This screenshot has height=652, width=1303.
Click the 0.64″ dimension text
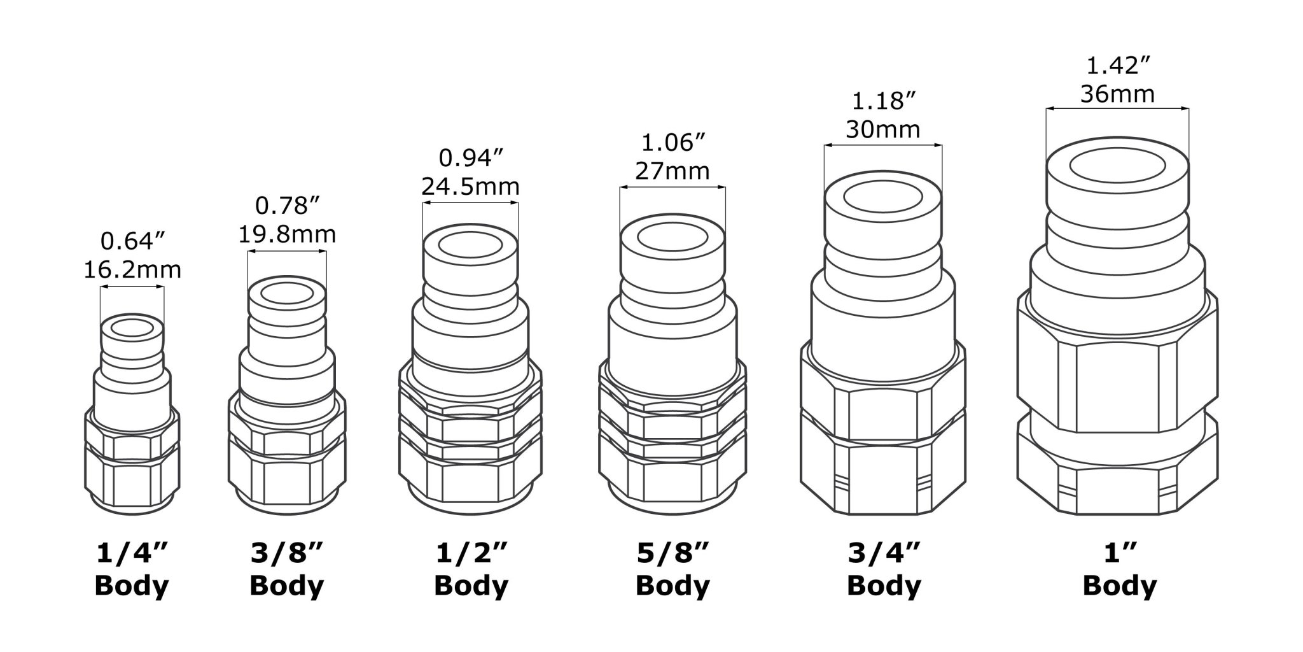(x=132, y=241)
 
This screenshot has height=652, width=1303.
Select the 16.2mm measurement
(x=132, y=270)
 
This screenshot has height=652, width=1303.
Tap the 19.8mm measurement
(x=287, y=234)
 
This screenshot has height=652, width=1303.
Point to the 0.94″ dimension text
(x=471, y=158)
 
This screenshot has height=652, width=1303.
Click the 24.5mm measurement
(x=471, y=187)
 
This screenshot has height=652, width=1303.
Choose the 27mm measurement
(x=672, y=171)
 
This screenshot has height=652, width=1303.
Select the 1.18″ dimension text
(x=883, y=101)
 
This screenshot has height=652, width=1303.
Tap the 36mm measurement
(x=1118, y=94)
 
